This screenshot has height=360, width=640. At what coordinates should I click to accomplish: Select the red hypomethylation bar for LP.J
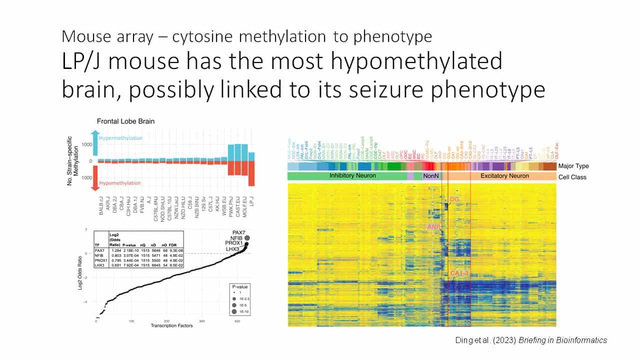251,173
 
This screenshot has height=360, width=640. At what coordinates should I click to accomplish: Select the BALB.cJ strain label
101,205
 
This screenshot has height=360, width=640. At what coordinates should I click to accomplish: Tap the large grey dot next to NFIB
247,238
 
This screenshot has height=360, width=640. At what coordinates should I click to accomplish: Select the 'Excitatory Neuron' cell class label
504,176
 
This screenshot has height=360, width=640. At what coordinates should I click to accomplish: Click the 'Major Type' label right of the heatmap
573,166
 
